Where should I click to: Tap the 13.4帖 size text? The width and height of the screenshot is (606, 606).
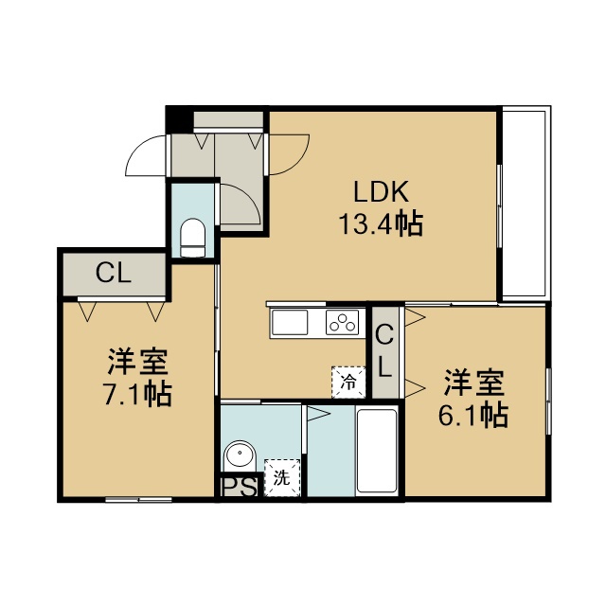pos(381,224)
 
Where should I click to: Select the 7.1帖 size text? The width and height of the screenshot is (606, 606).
pos(137,394)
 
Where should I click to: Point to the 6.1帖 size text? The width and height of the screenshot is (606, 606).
pos(473,416)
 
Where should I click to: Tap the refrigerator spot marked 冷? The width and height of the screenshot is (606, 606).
pos(348,383)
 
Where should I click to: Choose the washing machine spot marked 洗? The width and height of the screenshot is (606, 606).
pos(282,478)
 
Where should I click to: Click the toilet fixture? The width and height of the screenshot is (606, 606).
pos(192,238)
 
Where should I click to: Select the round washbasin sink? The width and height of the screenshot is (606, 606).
pos(240,454)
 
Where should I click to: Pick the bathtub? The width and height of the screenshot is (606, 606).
pos(377,451)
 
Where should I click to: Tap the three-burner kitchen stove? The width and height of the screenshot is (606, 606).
pos(342,322)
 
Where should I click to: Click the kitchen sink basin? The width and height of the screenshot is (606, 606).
pos(290,322)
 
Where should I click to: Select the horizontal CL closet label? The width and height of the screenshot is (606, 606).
pos(114,274)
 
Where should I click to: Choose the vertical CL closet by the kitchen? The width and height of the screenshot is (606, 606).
pos(385,351)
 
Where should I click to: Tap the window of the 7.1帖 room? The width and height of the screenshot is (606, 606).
pos(139,500)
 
